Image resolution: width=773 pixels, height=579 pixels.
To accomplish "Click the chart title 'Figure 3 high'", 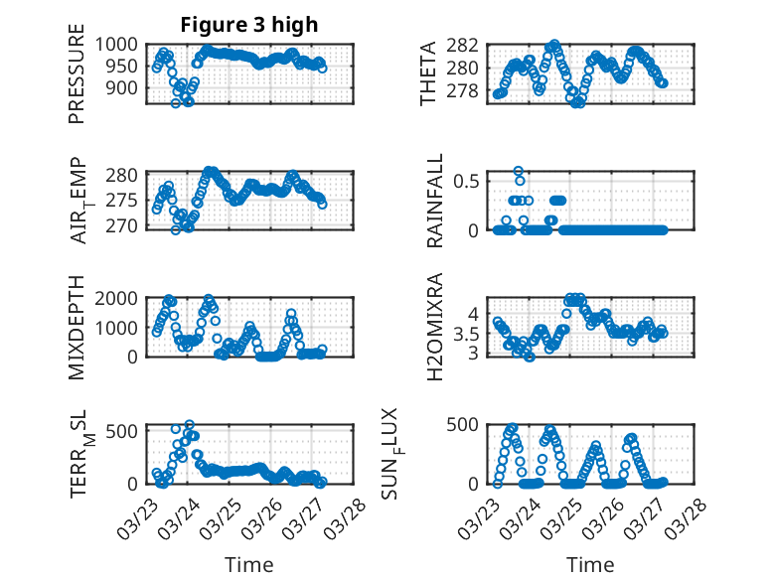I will pos(249,25).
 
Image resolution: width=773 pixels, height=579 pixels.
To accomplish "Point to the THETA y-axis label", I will pos(428,74).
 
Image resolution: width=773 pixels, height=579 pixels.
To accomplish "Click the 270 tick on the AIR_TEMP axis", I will pos(123,226).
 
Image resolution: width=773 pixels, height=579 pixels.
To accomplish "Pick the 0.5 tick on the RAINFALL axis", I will pos(467,181).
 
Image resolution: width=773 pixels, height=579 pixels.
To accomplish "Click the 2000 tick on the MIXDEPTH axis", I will pos(118,298).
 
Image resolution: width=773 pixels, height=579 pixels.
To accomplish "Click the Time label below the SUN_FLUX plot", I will pos(590,565).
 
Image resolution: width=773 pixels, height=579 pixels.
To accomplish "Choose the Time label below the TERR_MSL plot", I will pos(248,565).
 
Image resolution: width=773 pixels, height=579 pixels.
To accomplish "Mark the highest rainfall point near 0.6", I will pos(519,171).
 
